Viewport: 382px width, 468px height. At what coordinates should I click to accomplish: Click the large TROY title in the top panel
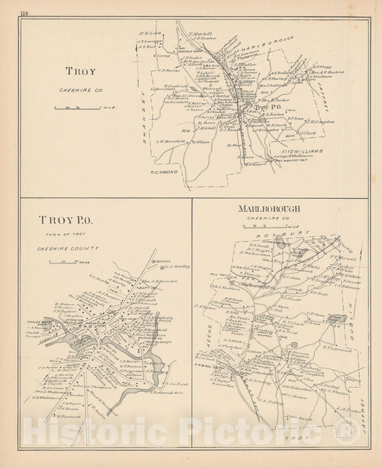point(80,72)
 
